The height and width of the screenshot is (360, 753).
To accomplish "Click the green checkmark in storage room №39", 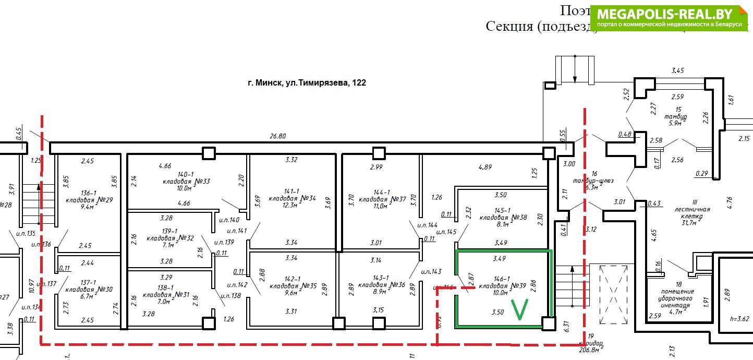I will pyautogui.click(x=520, y=309).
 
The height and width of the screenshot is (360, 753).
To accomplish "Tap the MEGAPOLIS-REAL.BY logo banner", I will pyautogui.click(x=669, y=18).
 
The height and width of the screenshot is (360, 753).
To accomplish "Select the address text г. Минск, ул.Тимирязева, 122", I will pyautogui.click(x=307, y=82).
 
